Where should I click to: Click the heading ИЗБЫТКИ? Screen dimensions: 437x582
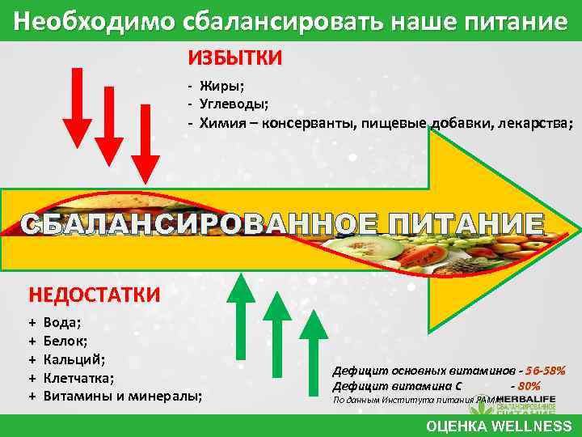[x=235, y=58]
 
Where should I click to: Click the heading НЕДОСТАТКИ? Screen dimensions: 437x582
[x=95, y=293]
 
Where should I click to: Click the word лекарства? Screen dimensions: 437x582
[x=534, y=124]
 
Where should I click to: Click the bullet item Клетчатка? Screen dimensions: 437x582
[x=78, y=377]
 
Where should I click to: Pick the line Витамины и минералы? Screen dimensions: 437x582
[x=121, y=396]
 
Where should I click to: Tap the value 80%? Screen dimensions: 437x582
[x=529, y=385]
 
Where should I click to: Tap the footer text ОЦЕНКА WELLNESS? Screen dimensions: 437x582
[x=499, y=426]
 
